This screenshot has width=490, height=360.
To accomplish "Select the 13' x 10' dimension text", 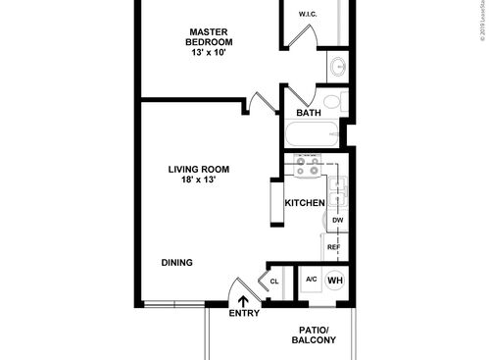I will pos(210,54).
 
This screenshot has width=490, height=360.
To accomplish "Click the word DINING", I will pos(176,262).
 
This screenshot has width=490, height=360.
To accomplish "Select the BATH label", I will pos(309,113).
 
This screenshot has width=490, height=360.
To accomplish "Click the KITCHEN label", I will pos(305,203).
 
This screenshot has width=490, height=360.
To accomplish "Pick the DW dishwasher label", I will pos(337,221).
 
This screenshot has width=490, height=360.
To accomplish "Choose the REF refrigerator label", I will pos(333,247).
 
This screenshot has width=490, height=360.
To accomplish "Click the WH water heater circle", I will pos(335,280).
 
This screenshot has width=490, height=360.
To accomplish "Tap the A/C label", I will pos(311,280).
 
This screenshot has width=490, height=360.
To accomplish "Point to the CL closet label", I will pos(274,283).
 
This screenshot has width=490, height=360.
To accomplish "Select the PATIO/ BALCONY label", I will pos(314,334).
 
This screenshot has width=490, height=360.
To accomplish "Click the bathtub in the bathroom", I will pos(313,134).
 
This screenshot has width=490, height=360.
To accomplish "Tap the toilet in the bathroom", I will pos(331,102).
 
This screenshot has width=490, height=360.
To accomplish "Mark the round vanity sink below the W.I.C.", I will pos(336,67).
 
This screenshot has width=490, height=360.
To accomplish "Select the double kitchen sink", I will pos(338,190).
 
